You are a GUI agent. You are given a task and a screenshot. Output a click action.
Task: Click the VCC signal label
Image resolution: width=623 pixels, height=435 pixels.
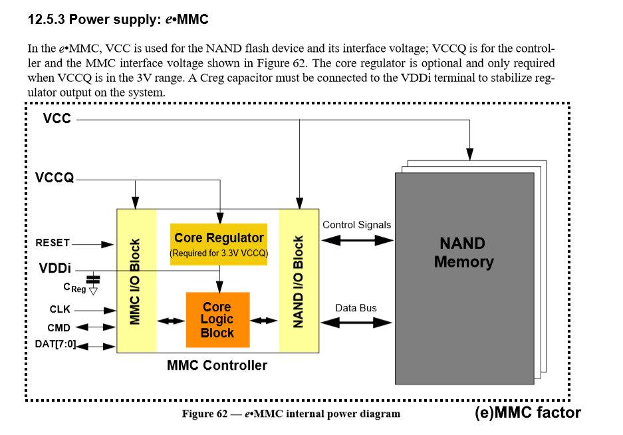point(57,118)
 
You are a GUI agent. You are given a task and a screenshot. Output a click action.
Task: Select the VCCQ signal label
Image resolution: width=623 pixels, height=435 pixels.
point(55,178)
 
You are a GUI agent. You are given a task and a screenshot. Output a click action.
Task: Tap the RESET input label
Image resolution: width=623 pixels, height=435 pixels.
point(53,243)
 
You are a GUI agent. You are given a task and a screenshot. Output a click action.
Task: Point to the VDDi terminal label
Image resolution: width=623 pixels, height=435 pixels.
point(55,268)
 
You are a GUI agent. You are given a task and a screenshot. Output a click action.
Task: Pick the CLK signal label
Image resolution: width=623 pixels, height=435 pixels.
point(60,309)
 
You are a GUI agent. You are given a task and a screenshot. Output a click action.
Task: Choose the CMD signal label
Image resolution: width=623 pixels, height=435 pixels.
point(59,328)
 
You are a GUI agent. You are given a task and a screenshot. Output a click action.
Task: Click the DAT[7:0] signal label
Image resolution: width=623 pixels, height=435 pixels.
point(55,344)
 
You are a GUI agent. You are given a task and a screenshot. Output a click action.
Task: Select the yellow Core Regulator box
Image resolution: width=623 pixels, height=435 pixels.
point(219,244)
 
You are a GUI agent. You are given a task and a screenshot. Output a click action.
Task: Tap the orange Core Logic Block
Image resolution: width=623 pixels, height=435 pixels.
point(217,320)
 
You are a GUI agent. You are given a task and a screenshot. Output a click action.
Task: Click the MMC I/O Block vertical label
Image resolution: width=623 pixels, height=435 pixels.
point(135,281)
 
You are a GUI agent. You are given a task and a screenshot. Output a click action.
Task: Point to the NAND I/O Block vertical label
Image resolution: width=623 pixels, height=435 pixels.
point(298,281)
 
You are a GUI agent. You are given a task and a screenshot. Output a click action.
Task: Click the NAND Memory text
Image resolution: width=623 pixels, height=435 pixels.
point(463,253)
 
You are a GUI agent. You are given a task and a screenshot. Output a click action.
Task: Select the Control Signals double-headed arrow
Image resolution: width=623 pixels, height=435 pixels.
point(357,240)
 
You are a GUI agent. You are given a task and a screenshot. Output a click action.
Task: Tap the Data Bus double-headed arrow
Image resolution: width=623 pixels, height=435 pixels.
point(356,323)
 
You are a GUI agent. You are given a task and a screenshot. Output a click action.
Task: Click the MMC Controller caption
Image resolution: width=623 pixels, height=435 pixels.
point(217,365)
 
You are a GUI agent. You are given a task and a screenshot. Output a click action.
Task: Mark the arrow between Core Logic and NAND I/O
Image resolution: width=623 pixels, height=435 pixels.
point(263,321)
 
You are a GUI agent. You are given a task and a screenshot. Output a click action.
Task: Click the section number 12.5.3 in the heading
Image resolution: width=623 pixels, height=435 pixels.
point(46,19)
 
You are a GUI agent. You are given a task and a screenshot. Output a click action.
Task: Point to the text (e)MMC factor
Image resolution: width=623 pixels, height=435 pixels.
point(528,412)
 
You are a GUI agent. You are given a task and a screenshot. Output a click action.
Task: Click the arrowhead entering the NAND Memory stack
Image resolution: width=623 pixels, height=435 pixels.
point(469,154)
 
